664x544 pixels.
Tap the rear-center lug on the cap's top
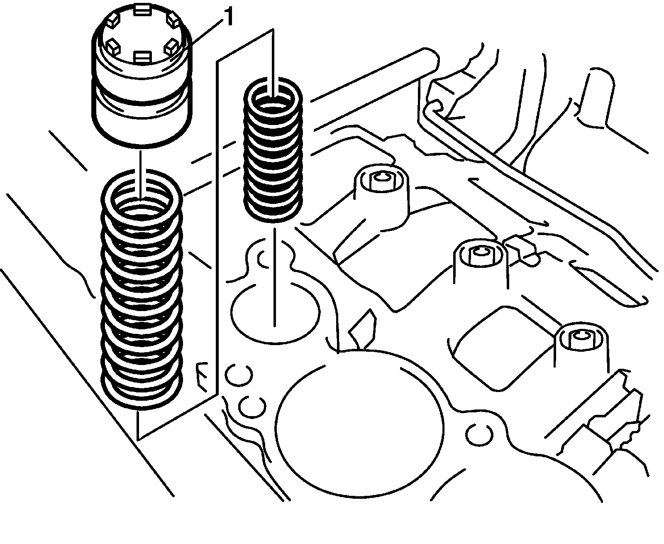[142, 10]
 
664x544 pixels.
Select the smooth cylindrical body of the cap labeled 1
[142, 104]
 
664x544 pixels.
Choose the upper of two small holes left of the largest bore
[238, 375]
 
